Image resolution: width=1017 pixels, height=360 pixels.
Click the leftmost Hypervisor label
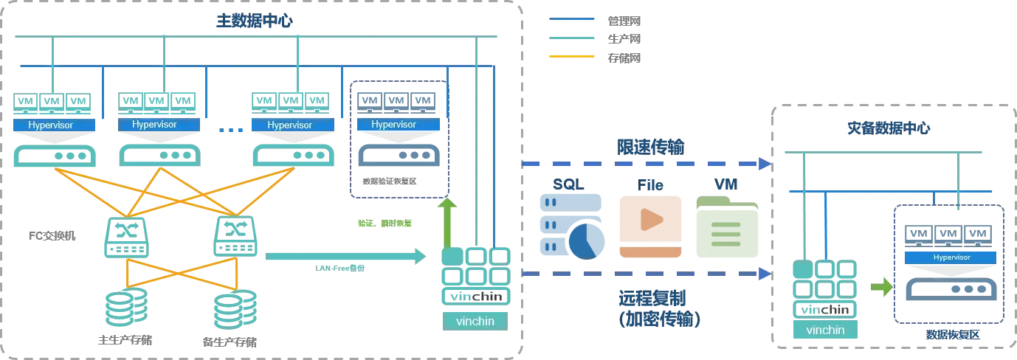[52, 125]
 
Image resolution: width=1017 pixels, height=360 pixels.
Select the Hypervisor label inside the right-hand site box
[951, 257]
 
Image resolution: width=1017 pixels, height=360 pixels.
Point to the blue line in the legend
[572, 21]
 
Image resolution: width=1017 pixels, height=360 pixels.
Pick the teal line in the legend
[572, 38]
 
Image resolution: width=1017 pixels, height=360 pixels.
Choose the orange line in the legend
[572, 56]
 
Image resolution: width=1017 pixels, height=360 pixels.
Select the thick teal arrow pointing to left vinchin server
[345, 257]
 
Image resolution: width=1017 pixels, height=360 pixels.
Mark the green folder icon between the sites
[728, 226]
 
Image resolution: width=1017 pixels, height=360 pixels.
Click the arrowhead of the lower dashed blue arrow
[765, 274]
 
